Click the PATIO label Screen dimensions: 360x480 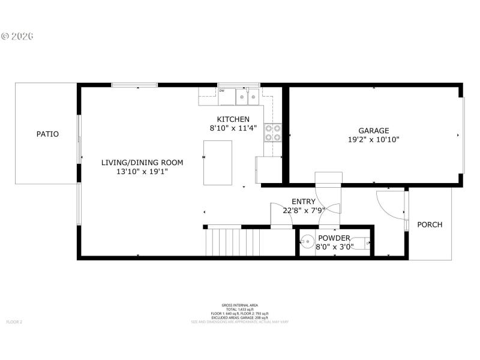[47, 134]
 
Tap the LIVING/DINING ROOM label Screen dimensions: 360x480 [142, 163]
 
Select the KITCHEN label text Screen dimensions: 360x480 [233, 119]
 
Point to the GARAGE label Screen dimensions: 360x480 [374, 130]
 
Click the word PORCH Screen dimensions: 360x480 [430, 225]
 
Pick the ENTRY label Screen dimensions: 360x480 [303, 202]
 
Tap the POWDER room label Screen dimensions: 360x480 [334, 238]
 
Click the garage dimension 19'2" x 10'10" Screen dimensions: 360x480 [374, 140]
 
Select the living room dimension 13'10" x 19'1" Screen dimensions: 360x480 [142, 172]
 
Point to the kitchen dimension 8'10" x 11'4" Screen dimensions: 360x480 [233, 128]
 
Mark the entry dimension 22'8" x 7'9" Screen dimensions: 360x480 [303, 211]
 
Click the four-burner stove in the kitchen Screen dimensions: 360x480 [273, 133]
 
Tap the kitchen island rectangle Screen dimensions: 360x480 [218, 163]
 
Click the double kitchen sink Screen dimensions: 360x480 [248, 95]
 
